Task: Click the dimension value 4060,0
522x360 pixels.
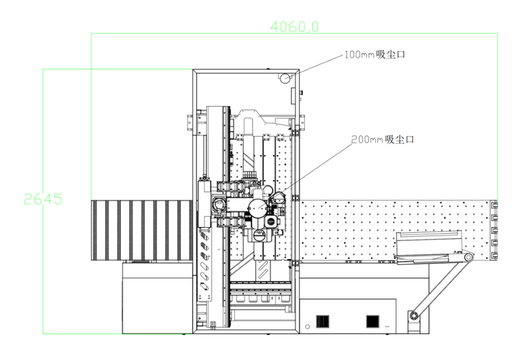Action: click(x=294, y=26)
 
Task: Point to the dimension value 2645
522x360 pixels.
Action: click(x=43, y=199)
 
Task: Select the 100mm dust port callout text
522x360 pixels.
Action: click(x=374, y=55)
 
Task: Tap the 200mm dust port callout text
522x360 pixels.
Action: click(x=382, y=140)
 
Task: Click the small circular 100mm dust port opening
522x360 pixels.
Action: click(x=284, y=78)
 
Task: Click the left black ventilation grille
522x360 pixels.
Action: click(x=322, y=321)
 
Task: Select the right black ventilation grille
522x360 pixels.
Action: click(x=373, y=321)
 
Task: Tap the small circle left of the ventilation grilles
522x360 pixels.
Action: click(x=308, y=327)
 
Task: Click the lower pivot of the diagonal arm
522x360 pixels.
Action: click(x=414, y=315)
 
